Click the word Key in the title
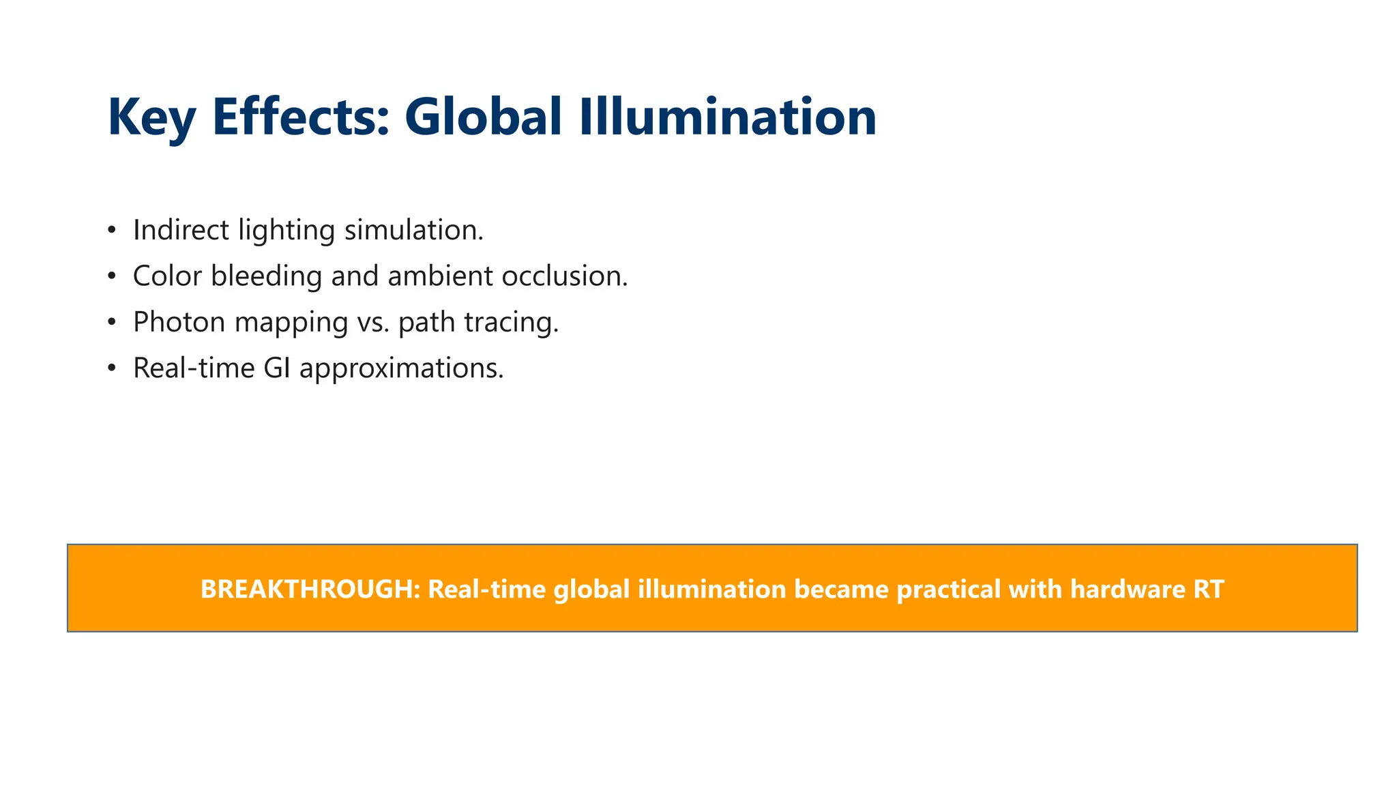point(151,118)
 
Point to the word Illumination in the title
point(728,117)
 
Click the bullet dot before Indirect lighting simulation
point(112,230)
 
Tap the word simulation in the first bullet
point(413,230)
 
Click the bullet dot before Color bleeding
point(112,276)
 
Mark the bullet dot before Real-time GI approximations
point(112,368)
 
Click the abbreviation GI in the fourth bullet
point(278,368)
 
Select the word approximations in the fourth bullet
point(401,368)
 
